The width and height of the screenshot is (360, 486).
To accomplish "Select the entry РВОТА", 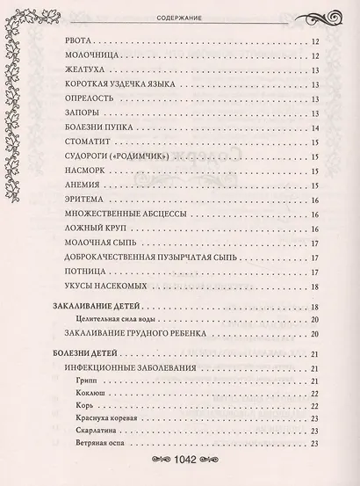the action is pos(84,42).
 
